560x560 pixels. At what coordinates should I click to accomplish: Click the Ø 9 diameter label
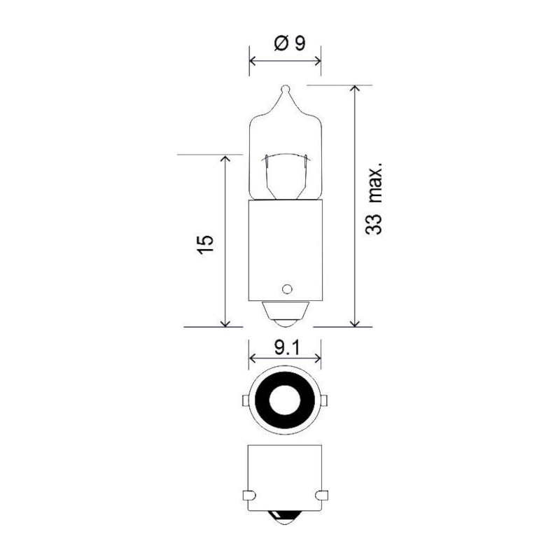(290, 43)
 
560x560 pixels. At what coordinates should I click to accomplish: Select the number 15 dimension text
(205, 244)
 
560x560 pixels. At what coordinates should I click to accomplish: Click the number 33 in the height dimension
(374, 225)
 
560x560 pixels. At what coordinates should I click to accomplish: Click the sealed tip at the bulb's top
(286, 89)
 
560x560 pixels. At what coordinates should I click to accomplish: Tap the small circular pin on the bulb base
(286, 289)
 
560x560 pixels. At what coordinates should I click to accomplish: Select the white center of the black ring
(285, 400)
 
